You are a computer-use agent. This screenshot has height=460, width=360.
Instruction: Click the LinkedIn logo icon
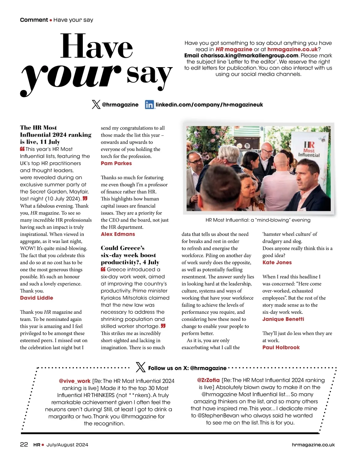149,105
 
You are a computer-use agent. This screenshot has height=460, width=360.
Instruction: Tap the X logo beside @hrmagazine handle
96,105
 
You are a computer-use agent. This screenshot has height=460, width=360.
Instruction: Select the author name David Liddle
37,298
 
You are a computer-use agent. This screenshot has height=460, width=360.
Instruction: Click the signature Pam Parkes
116,163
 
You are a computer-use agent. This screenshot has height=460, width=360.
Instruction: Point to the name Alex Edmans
118,234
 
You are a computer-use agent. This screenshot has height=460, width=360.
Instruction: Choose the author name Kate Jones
277,263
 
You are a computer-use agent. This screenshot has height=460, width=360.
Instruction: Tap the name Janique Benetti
283,319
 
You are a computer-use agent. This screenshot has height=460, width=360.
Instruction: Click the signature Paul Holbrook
281,347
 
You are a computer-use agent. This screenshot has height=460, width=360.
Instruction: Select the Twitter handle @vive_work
75,381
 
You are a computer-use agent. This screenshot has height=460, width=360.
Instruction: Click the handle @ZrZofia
208,380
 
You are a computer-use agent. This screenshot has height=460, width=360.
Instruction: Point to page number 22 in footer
24,445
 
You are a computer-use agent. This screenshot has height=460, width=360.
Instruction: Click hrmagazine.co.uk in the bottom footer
313,445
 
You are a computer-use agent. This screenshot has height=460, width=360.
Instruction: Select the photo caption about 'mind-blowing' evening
258,220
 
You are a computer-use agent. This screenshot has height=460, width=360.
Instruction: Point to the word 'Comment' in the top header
34,20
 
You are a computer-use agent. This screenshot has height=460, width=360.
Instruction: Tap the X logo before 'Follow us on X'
140,367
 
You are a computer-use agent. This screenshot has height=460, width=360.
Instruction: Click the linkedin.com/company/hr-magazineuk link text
209,105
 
